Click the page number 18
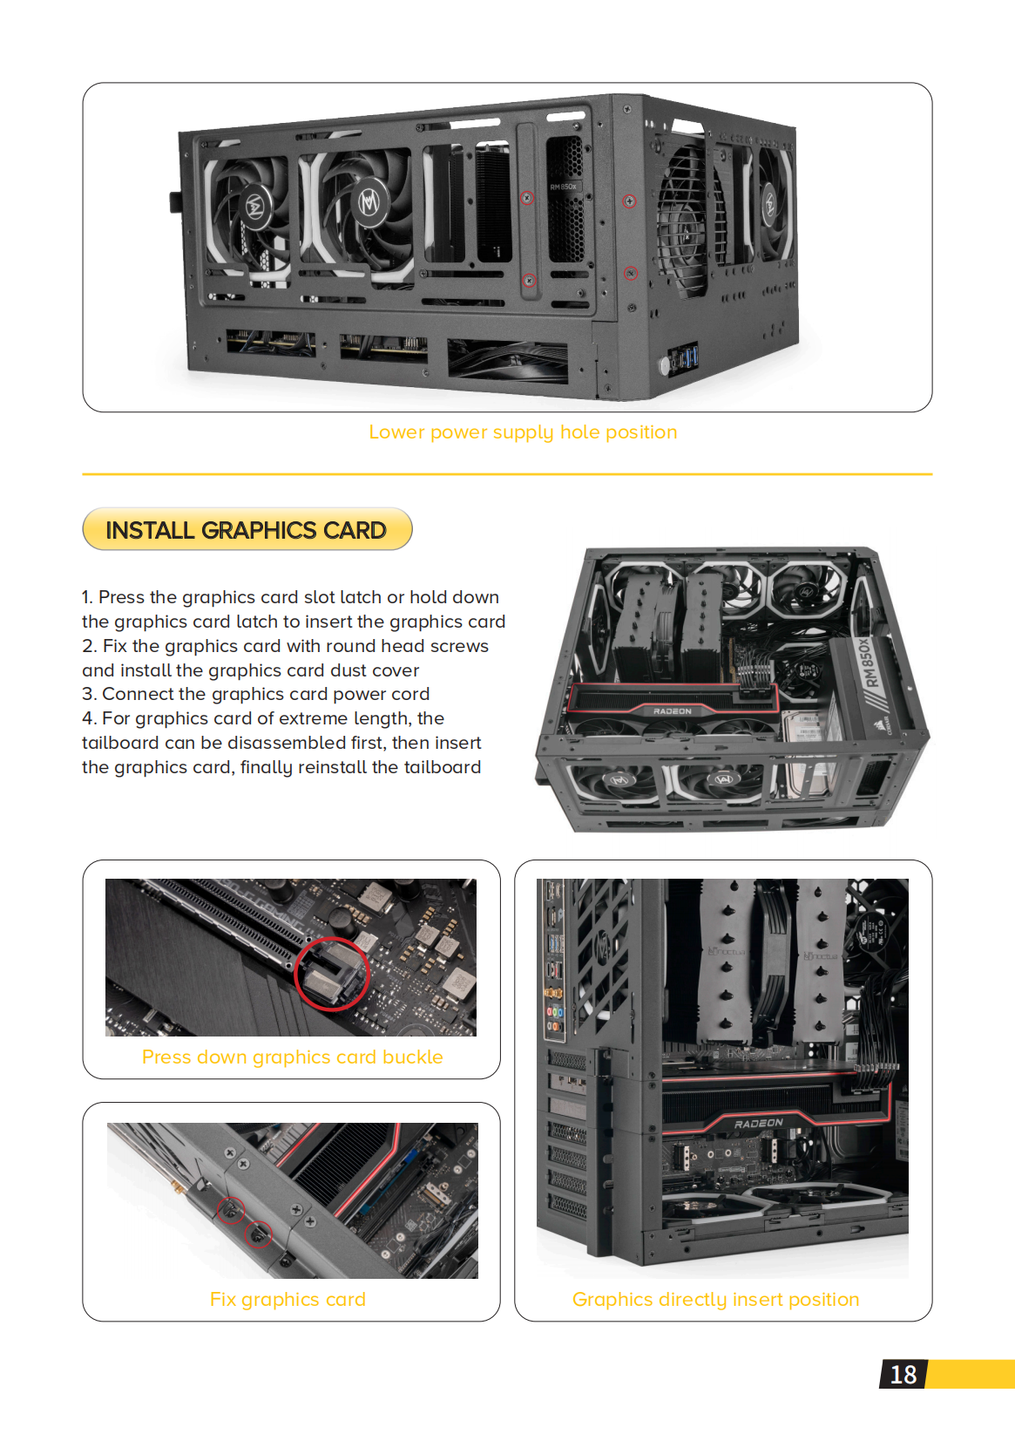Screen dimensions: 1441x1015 [903, 1375]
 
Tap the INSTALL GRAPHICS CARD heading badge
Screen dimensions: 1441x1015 [247, 530]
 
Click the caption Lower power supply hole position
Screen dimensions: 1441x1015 [523, 432]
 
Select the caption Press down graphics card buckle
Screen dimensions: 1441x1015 [292, 1057]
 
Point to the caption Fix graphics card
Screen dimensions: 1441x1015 [288, 1299]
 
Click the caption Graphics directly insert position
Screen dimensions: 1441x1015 [715, 1299]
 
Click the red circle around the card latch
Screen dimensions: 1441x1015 [331, 974]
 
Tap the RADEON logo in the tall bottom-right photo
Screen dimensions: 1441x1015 [758, 1123]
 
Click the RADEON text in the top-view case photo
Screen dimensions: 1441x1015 [672, 711]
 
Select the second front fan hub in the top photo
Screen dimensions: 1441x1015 [369, 203]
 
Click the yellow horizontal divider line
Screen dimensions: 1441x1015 [507, 474]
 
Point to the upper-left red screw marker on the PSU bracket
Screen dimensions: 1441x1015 [526, 198]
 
